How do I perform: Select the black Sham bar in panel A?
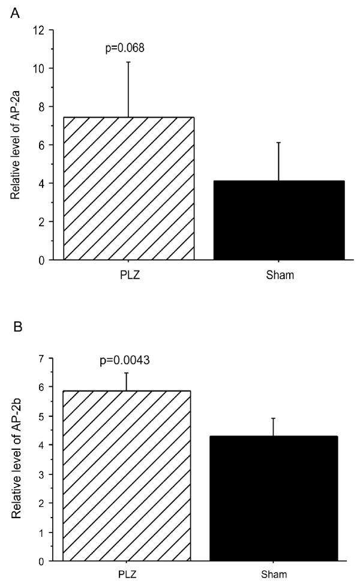(278, 220)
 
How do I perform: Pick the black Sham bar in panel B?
(274, 498)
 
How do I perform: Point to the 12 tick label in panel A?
(40, 30)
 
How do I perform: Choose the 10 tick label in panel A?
(40, 68)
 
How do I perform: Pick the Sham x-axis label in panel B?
(274, 573)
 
